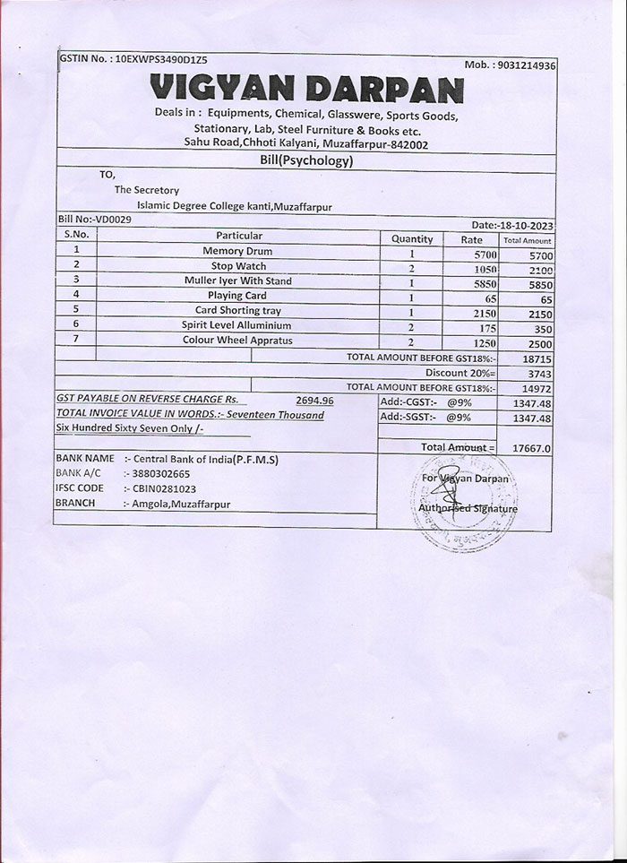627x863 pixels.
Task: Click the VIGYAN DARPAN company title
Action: [x=306, y=90]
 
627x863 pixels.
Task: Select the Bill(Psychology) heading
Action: [x=306, y=161]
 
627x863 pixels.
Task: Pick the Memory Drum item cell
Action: [x=237, y=251]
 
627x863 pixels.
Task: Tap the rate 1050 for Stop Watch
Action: [x=485, y=269]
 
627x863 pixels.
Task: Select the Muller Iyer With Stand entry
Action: [x=237, y=280]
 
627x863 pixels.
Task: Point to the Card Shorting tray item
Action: [x=237, y=310]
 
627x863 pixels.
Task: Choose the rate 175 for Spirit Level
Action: [x=487, y=329]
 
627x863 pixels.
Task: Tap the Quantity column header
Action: [x=412, y=239]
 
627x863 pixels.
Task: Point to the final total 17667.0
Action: [x=532, y=447]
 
